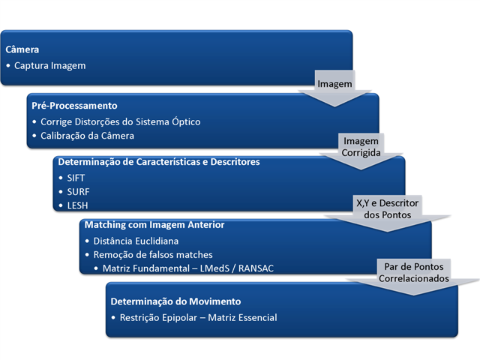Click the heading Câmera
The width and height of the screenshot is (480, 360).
tap(22, 50)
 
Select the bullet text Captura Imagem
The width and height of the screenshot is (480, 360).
tap(49, 65)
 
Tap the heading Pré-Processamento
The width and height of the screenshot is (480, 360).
tap(74, 106)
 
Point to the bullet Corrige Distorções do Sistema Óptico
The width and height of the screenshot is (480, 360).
tap(120, 121)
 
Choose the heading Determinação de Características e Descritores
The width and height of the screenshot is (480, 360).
tap(158, 161)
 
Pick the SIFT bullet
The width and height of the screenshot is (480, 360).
tap(76, 178)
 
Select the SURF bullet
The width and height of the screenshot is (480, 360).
tap(78, 191)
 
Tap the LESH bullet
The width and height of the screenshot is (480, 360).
tap(77, 205)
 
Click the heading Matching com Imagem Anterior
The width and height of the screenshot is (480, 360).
tap(154, 224)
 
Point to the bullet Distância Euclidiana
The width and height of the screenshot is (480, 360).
tap(137, 241)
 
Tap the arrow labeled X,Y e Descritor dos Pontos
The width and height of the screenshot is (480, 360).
tap(387, 209)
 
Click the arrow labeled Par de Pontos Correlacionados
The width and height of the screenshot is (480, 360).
tap(414, 271)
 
